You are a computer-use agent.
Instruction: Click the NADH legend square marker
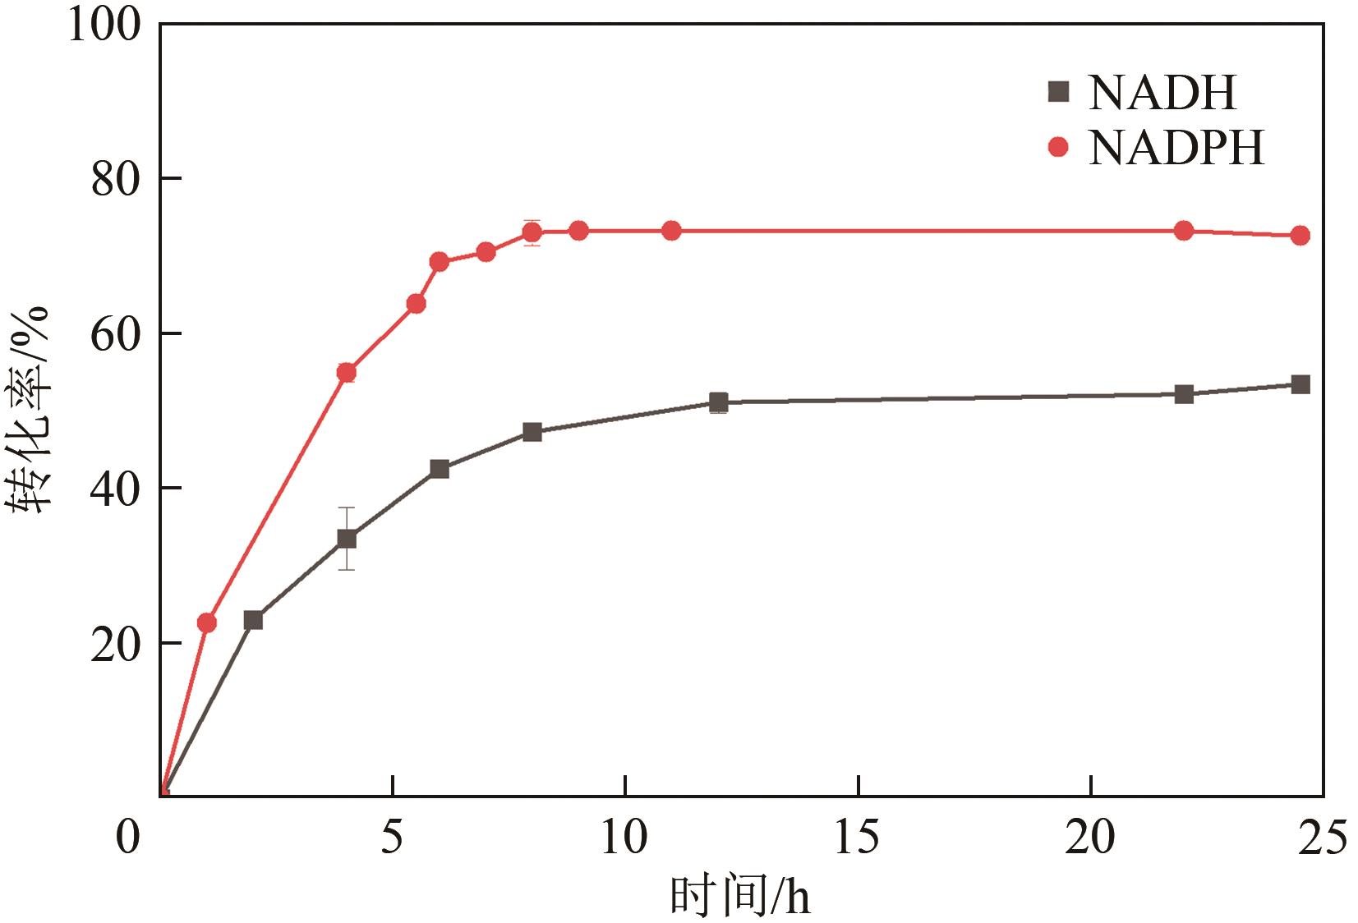click(x=1059, y=91)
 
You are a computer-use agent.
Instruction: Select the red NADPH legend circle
click(x=1059, y=148)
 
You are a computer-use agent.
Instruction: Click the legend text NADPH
click(x=1176, y=148)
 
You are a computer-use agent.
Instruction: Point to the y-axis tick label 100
click(x=104, y=25)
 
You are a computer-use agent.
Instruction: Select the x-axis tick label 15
click(x=857, y=838)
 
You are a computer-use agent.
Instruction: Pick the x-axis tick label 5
click(x=393, y=838)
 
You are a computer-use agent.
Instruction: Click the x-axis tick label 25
click(x=1322, y=838)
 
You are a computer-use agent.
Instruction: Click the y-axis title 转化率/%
click(x=31, y=411)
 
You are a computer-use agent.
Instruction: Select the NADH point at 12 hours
click(x=718, y=402)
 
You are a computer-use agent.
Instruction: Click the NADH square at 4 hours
click(x=347, y=539)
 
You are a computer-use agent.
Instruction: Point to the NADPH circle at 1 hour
click(x=207, y=622)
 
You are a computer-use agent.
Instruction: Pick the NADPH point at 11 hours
click(x=671, y=231)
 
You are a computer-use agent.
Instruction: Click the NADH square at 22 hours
click(x=1183, y=394)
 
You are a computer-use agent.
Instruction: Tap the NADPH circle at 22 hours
click(x=1183, y=231)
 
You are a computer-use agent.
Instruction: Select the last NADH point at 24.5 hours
click(x=1300, y=384)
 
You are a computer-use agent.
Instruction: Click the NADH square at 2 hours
click(x=253, y=620)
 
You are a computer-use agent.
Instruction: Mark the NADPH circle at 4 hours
click(x=347, y=373)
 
